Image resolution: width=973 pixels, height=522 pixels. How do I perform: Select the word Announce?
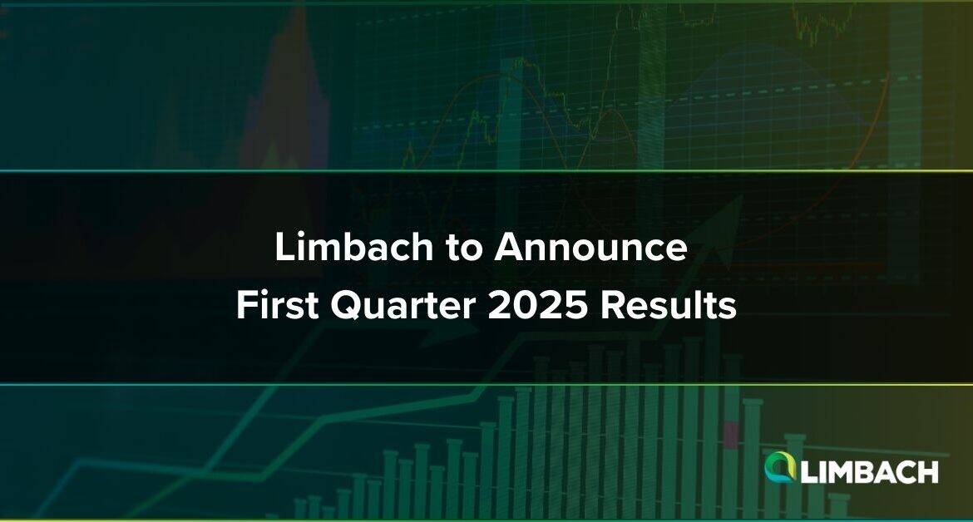pyautogui.click(x=590, y=247)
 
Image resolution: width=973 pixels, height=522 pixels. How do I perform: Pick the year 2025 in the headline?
pyautogui.click(x=537, y=305)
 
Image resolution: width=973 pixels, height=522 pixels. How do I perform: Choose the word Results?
pyautogui.click(x=668, y=305)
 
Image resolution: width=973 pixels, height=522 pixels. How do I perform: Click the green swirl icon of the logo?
pyautogui.click(x=781, y=466)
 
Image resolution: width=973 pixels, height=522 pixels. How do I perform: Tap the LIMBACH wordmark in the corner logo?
pyautogui.click(x=869, y=472)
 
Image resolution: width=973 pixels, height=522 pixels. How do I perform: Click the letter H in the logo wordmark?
pyautogui.click(x=927, y=472)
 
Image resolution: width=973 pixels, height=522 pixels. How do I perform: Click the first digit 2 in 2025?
pyautogui.click(x=499, y=305)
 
